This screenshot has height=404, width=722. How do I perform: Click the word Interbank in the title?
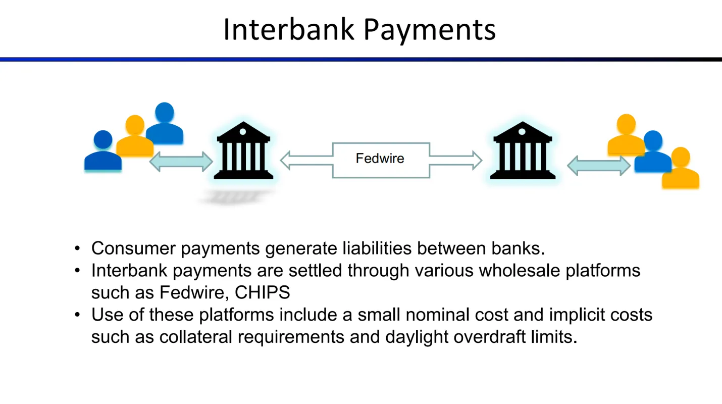tap(288, 30)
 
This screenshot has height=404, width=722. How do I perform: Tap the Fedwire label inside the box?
tap(380, 158)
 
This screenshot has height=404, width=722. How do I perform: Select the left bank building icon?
tap(243, 150)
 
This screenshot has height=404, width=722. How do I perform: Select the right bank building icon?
tap(523, 150)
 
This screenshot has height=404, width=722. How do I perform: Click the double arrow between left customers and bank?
tap(181, 162)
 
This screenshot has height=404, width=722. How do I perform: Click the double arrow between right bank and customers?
tap(599, 166)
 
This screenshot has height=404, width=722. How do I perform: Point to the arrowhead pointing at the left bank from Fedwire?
tap(286, 160)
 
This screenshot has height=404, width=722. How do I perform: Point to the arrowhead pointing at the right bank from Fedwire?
tap(477, 160)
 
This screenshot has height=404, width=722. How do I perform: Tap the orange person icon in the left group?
tap(135, 135)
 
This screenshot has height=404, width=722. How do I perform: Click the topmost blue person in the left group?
tap(165, 123)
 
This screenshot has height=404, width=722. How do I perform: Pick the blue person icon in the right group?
tap(653, 151)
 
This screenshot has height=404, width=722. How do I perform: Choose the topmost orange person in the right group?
tap(626, 134)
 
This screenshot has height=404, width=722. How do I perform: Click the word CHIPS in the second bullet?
tap(262, 292)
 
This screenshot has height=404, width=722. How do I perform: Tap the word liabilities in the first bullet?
tap(377, 248)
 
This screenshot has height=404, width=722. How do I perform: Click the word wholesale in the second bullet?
tap(520, 270)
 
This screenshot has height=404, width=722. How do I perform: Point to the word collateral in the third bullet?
tap(196, 337)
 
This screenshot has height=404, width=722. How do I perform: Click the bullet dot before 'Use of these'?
tap(77, 315)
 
